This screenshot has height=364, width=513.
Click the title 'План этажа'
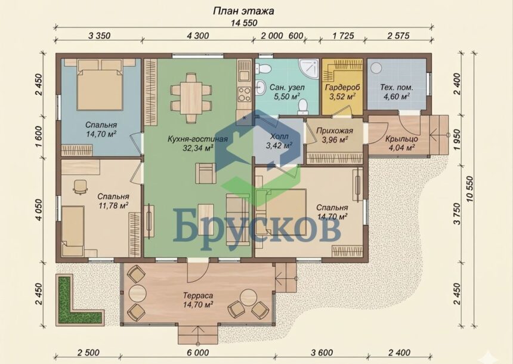pos(243,11)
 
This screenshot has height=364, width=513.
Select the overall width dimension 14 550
pos(243,23)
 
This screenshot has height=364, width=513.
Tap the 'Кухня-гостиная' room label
pos(197,139)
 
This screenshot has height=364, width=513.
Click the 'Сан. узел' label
pos(287,87)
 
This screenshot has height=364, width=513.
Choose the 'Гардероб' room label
pos(342,87)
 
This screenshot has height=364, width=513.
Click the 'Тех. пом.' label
pos(397,87)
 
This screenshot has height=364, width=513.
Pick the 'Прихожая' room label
pos(335,131)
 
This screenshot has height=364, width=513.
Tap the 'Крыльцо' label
pos(401,139)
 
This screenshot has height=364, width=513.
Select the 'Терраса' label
pos(198,295)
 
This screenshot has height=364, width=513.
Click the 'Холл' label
pos(279,136)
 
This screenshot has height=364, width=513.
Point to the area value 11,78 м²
pos(113,205)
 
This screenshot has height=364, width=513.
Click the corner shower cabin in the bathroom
pos(309,69)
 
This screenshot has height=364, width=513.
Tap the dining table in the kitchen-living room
pos(191,97)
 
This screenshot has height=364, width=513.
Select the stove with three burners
pos(244,94)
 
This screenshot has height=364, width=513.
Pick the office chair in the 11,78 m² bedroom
pos(80,186)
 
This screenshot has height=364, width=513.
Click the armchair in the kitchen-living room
pos(205,173)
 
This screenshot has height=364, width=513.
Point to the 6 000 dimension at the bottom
pos(197,353)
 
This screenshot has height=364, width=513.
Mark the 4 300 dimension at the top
pos(197,35)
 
